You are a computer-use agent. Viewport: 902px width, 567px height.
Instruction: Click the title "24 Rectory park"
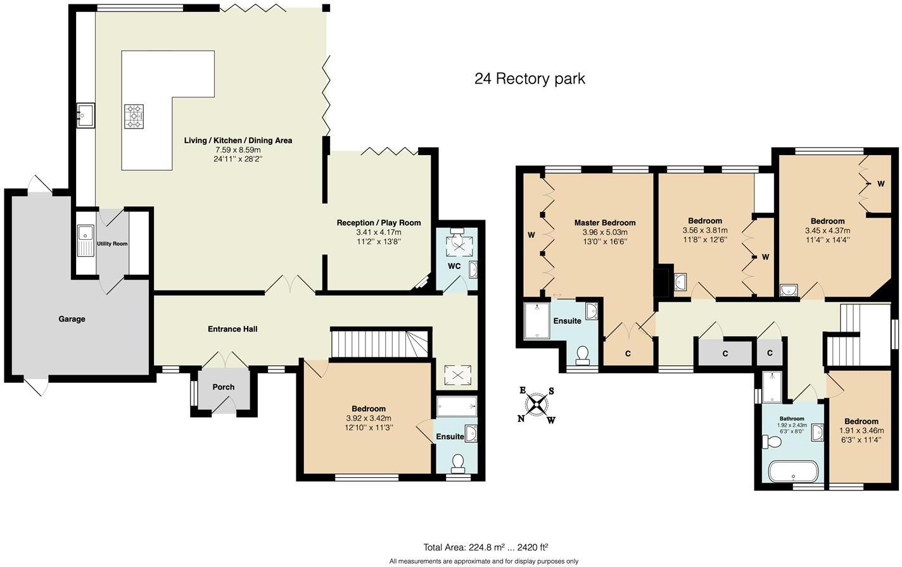[x=530, y=79]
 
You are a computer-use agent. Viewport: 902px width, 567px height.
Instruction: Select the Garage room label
[x=72, y=319]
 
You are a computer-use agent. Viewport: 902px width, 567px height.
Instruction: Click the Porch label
[x=223, y=387]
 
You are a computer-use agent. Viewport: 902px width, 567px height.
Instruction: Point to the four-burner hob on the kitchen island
[x=134, y=116]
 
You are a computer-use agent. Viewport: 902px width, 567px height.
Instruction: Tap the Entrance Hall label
[x=232, y=329]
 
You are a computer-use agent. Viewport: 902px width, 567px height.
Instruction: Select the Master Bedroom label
[x=604, y=223]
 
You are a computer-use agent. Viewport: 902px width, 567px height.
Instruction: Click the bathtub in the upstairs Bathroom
[x=792, y=471]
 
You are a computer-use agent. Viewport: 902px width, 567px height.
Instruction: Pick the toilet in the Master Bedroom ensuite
[x=582, y=355]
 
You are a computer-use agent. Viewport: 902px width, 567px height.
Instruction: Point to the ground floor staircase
[x=380, y=343]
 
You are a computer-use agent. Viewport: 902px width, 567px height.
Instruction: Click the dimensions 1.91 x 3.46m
[x=861, y=430]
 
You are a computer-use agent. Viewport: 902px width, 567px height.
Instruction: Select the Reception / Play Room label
[x=378, y=223]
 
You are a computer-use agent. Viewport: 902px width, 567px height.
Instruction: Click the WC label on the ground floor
[x=454, y=266]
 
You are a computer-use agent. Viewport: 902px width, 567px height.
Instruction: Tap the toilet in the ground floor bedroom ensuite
[x=458, y=464]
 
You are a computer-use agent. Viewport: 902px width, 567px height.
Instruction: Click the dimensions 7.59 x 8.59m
[x=238, y=150]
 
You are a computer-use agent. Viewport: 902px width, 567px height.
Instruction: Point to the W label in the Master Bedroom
[x=531, y=235]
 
